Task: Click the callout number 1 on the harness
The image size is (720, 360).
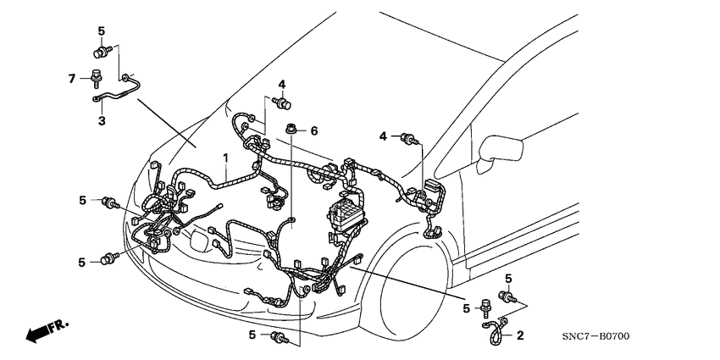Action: (x=226, y=158)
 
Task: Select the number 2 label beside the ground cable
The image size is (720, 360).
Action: (x=520, y=335)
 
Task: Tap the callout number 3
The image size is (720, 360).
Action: (x=101, y=121)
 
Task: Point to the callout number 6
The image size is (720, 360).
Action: (x=313, y=130)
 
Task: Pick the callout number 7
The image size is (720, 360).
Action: (x=72, y=79)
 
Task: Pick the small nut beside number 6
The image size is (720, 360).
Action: (x=292, y=130)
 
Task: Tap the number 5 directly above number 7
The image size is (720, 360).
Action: (x=101, y=31)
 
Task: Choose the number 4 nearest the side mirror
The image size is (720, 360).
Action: (x=383, y=136)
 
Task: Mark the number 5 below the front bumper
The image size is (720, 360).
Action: (x=252, y=335)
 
